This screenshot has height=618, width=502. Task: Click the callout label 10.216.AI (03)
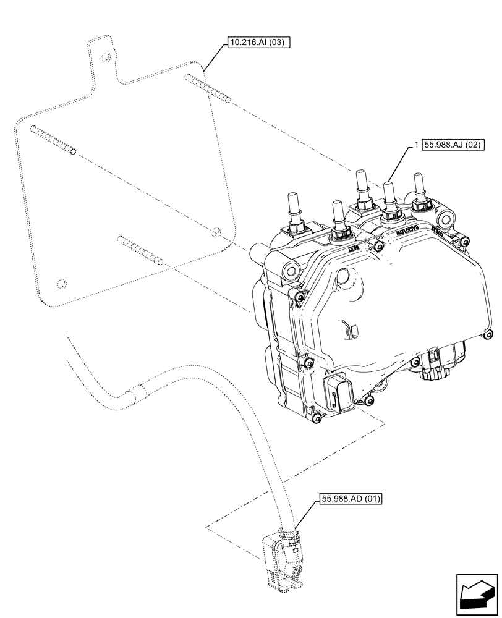point(257,43)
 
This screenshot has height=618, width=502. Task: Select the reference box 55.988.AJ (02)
point(453,145)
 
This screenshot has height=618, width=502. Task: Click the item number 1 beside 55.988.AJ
point(417,145)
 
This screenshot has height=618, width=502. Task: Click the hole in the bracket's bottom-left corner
point(60,284)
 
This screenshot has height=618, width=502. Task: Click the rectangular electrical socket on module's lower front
point(339,394)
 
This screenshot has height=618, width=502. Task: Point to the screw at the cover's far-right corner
point(488,336)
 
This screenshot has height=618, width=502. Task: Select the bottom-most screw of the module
point(318,420)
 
